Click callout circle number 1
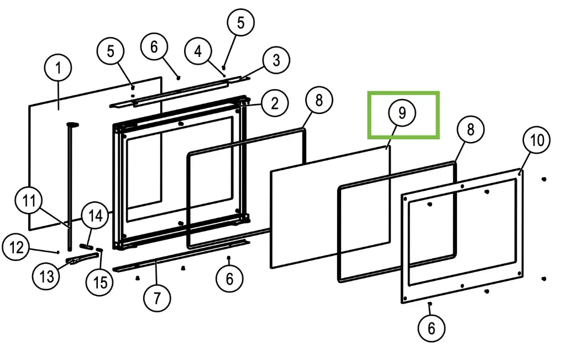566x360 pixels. pyautogui.click(x=58, y=69)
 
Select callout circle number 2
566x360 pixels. pyautogui.click(x=275, y=102)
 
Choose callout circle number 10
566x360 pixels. pyautogui.click(x=537, y=140)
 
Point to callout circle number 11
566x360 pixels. pyautogui.click(x=29, y=201)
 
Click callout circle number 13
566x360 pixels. pyautogui.click(x=46, y=275)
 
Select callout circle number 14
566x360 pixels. pyautogui.click(x=95, y=216)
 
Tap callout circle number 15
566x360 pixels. pyautogui.click(x=101, y=283)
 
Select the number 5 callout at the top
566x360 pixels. pyautogui.click(x=240, y=23)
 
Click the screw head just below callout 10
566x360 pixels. pyautogui.click(x=520, y=173)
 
